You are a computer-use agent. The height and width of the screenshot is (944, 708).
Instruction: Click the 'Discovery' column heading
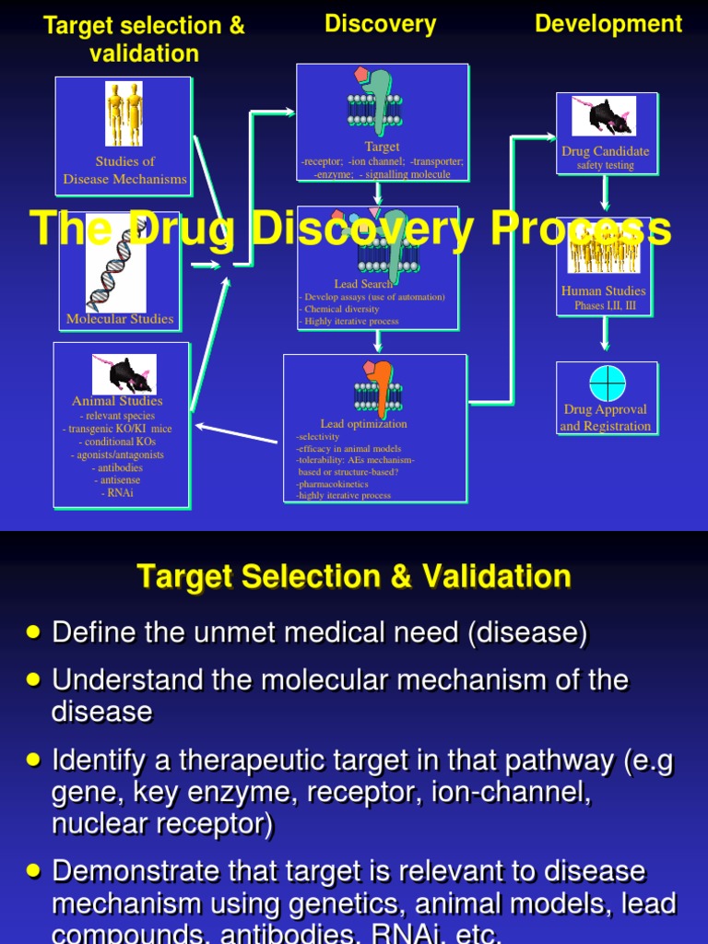380,24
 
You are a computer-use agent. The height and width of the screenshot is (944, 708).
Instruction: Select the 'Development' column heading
608,24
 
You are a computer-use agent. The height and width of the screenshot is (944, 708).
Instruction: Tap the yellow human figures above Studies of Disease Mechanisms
124,114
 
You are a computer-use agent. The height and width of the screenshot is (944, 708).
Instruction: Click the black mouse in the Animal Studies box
124,373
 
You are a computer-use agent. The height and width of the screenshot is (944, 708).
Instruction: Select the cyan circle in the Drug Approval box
608,383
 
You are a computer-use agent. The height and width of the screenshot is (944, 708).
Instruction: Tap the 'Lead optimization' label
363,424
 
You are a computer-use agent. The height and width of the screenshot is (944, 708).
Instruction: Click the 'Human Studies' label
604,291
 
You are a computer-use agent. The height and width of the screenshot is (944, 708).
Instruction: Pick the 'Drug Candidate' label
606,151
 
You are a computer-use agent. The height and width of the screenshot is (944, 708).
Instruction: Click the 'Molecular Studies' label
120,320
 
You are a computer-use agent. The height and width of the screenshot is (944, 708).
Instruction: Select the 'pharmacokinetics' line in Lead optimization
333,483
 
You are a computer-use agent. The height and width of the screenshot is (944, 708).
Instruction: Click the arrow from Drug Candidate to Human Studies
605,195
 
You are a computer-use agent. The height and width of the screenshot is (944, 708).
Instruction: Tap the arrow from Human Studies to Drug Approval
605,334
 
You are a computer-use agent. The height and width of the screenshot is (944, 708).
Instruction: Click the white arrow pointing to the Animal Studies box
236,434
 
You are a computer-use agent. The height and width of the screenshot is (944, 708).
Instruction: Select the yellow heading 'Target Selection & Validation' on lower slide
354,578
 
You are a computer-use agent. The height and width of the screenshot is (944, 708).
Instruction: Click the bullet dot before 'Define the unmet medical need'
34,631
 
